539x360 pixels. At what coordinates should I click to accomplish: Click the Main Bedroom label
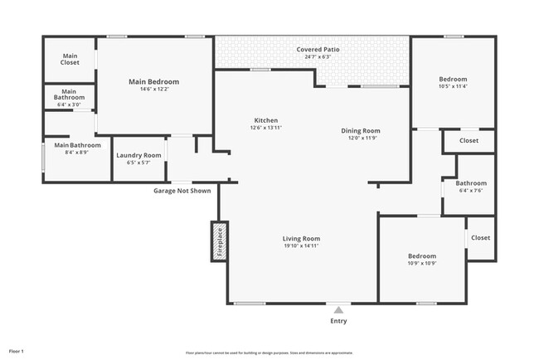(153, 81)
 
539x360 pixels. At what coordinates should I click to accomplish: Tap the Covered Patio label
(318, 50)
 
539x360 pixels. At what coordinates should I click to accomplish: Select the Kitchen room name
(266, 120)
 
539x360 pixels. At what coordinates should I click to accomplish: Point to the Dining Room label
(361, 130)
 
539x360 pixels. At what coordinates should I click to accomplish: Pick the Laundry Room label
(138, 155)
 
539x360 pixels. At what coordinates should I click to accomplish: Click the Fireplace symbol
(220, 241)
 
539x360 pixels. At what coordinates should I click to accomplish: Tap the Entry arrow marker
(337, 310)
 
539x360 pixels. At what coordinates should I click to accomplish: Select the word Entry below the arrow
(338, 321)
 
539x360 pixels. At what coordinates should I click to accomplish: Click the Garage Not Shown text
(182, 191)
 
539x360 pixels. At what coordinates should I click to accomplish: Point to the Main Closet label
(70, 59)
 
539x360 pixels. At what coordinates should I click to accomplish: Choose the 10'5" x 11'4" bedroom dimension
(453, 86)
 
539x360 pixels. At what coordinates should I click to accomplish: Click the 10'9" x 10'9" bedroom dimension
(421, 263)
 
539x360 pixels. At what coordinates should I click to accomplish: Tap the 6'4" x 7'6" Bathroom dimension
(470, 191)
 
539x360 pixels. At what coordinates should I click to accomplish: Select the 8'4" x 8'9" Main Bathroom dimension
(70, 153)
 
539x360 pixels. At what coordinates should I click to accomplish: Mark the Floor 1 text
(17, 351)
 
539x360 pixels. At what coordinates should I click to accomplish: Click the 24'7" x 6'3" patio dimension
(318, 57)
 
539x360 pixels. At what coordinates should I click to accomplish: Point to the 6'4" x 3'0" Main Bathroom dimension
(69, 105)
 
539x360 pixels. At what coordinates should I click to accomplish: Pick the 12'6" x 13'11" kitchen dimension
(266, 128)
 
